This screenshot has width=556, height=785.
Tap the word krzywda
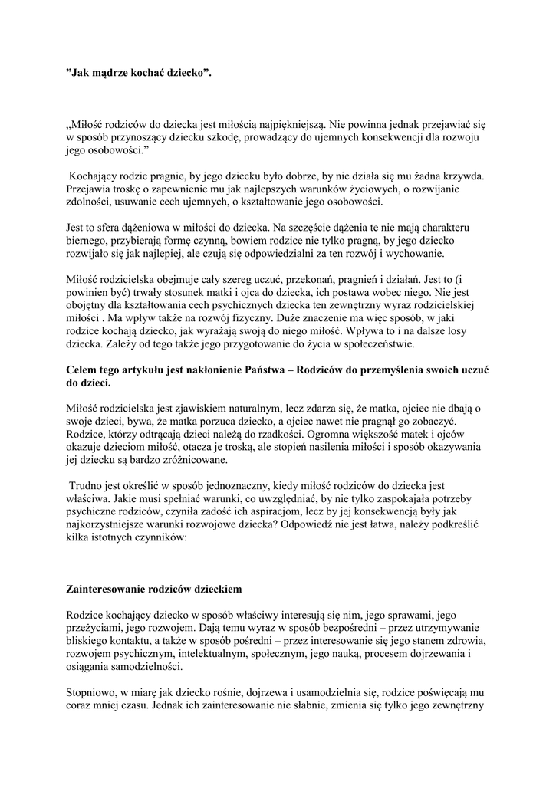[x=461, y=176]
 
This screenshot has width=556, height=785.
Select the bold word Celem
[x=84, y=370]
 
